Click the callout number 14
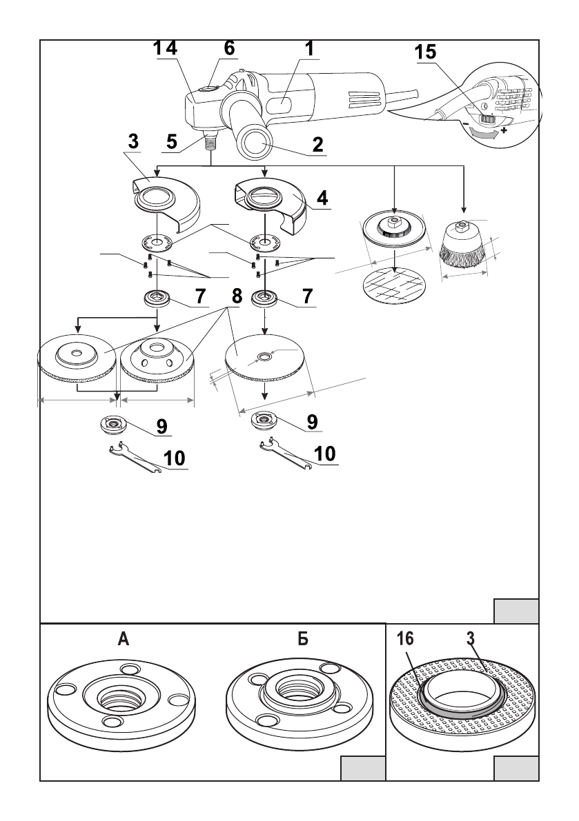[x=165, y=48]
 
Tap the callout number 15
[x=426, y=52]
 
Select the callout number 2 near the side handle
[x=317, y=144]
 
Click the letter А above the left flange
[x=124, y=639]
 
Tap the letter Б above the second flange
[x=303, y=639]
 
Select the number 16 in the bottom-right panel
[x=406, y=639]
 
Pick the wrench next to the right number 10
[x=286, y=454]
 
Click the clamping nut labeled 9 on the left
[x=112, y=424]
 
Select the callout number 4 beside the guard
[x=322, y=199]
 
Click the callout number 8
[x=237, y=297]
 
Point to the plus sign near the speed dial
[x=504, y=130]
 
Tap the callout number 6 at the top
[x=230, y=48]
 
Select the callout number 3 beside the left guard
[x=134, y=141]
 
